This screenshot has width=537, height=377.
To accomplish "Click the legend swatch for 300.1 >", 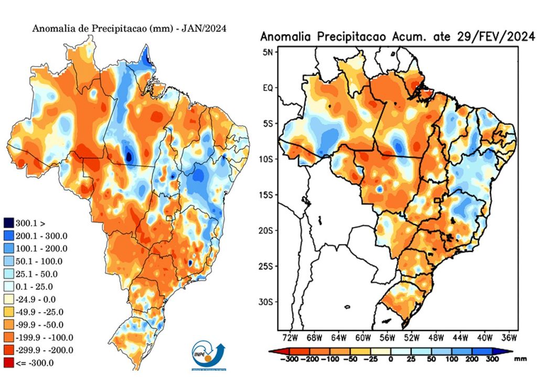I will (9, 223).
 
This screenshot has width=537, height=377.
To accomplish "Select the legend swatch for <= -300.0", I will (9, 362).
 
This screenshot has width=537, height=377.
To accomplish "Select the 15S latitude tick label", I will (266, 195).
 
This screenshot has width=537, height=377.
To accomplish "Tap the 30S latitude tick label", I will (266, 302).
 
